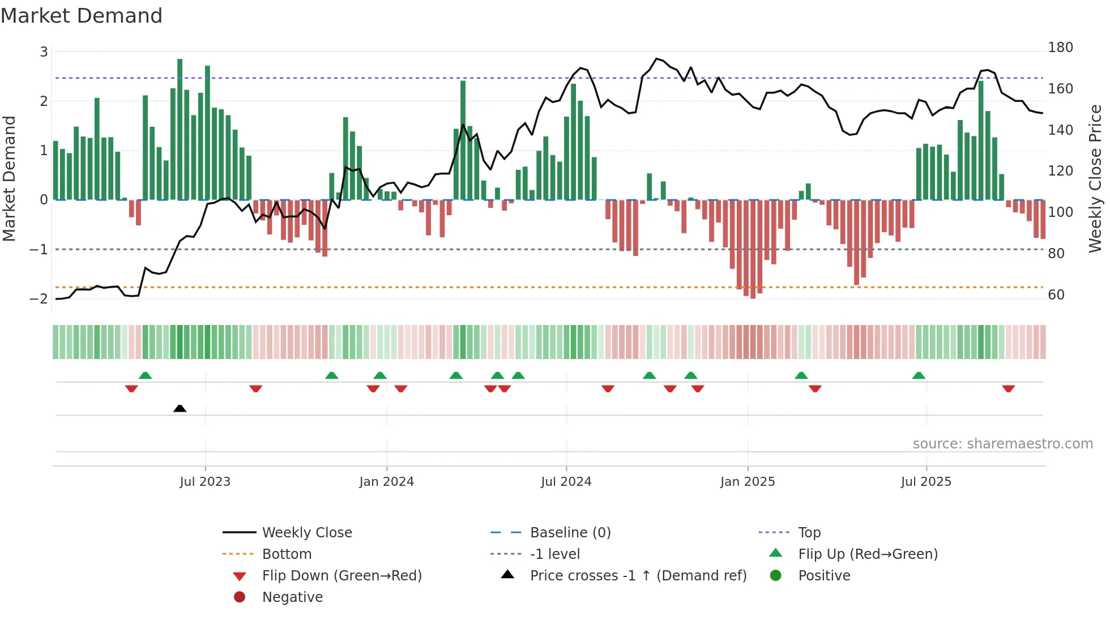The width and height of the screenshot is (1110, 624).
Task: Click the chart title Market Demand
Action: click(82, 16)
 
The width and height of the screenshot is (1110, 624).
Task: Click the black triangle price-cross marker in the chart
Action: click(180, 408)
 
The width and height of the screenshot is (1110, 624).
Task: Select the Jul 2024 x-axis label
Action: click(566, 482)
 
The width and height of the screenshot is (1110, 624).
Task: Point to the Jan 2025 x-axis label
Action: click(747, 482)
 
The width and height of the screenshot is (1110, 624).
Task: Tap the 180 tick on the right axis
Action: click(1060, 48)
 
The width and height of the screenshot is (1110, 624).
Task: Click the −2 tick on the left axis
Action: click(39, 298)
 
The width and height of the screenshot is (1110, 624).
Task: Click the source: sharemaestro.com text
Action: click(1002, 444)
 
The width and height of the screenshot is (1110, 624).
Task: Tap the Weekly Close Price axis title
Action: click(1095, 178)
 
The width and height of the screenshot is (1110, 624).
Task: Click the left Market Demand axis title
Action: click(9, 178)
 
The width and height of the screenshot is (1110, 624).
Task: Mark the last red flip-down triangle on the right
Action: click(1008, 388)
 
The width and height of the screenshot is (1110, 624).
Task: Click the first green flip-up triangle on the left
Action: click(145, 375)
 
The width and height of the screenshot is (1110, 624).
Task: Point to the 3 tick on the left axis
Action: click(44, 52)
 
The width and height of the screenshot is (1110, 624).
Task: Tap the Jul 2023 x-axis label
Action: click(205, 482)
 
